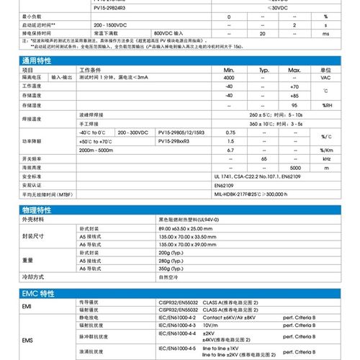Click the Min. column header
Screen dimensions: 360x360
pyautogui.click(x=230, y=70)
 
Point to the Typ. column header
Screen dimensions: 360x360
pyautogui.click(x=264, y=70)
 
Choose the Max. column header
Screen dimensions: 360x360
pyautogui.click(x=294, y=70)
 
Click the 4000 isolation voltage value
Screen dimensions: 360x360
pyautogui.click(x=230, y=78)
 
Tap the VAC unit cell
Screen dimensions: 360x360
pyautogui.click(x=325, y=78)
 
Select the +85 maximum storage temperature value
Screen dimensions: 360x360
pyautogui.click(x=294, y=95)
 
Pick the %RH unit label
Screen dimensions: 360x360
pyautogui.click(x=325, y=104)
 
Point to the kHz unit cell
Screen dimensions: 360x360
pyautogui.click(x=325, y=158)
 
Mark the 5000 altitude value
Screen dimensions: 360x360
pyautogui.click(x=294, y=166)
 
